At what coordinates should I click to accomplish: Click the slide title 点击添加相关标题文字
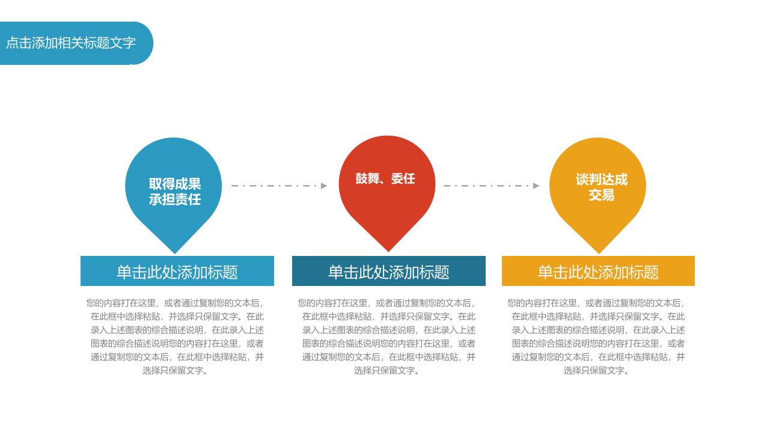click(x=70, y=43)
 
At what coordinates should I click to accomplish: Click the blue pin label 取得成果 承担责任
click(x=175, y=192)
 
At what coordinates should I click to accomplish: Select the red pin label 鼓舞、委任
click(x=385, y=178)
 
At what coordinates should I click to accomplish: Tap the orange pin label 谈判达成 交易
click(x=601, y=187)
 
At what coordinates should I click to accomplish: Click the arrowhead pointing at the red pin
click(x=324, y=186)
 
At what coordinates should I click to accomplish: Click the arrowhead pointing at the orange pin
click(x=536, y=186)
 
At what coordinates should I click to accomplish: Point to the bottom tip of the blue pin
click(x=175, y=254)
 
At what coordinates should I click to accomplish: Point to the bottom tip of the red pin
click(x=388, y=251)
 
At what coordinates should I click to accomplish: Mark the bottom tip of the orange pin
click(x=599, y=254)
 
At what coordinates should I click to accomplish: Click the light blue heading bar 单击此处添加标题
click(x=177, y=271)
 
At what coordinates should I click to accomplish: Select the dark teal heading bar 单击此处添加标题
click(x=389, y=271)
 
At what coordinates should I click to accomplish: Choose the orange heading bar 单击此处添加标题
click(x=598, y=271)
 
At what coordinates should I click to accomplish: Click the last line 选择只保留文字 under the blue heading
click(x=176, y=371)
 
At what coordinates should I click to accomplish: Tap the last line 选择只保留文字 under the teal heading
click(x=387, y=371)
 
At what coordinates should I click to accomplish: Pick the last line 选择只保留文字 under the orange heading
click(x=596, y=371)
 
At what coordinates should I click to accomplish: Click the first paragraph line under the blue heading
click(x=176, y=303)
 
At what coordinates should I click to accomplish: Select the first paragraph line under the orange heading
click(x=596, y=303)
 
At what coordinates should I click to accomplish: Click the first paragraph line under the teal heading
click(x=387, y=303)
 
